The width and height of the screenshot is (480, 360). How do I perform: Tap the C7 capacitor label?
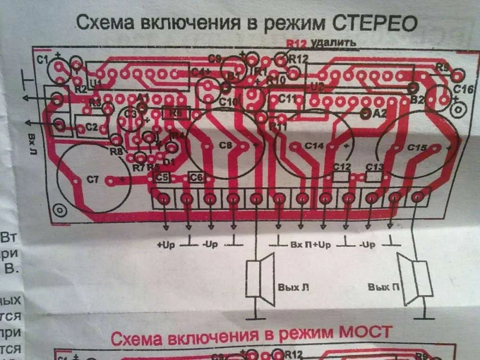[92, 180]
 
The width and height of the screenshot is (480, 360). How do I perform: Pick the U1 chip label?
[96, 83]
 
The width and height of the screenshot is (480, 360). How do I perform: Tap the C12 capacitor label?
[342, 167]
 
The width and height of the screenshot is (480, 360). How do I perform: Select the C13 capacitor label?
[374, 167]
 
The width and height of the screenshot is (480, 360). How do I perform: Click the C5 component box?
[162, 178]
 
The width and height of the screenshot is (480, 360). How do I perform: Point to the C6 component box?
[196, 178]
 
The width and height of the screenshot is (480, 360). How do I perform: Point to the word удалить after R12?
[333, 43]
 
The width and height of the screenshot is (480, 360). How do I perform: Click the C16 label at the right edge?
[463, 89]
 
